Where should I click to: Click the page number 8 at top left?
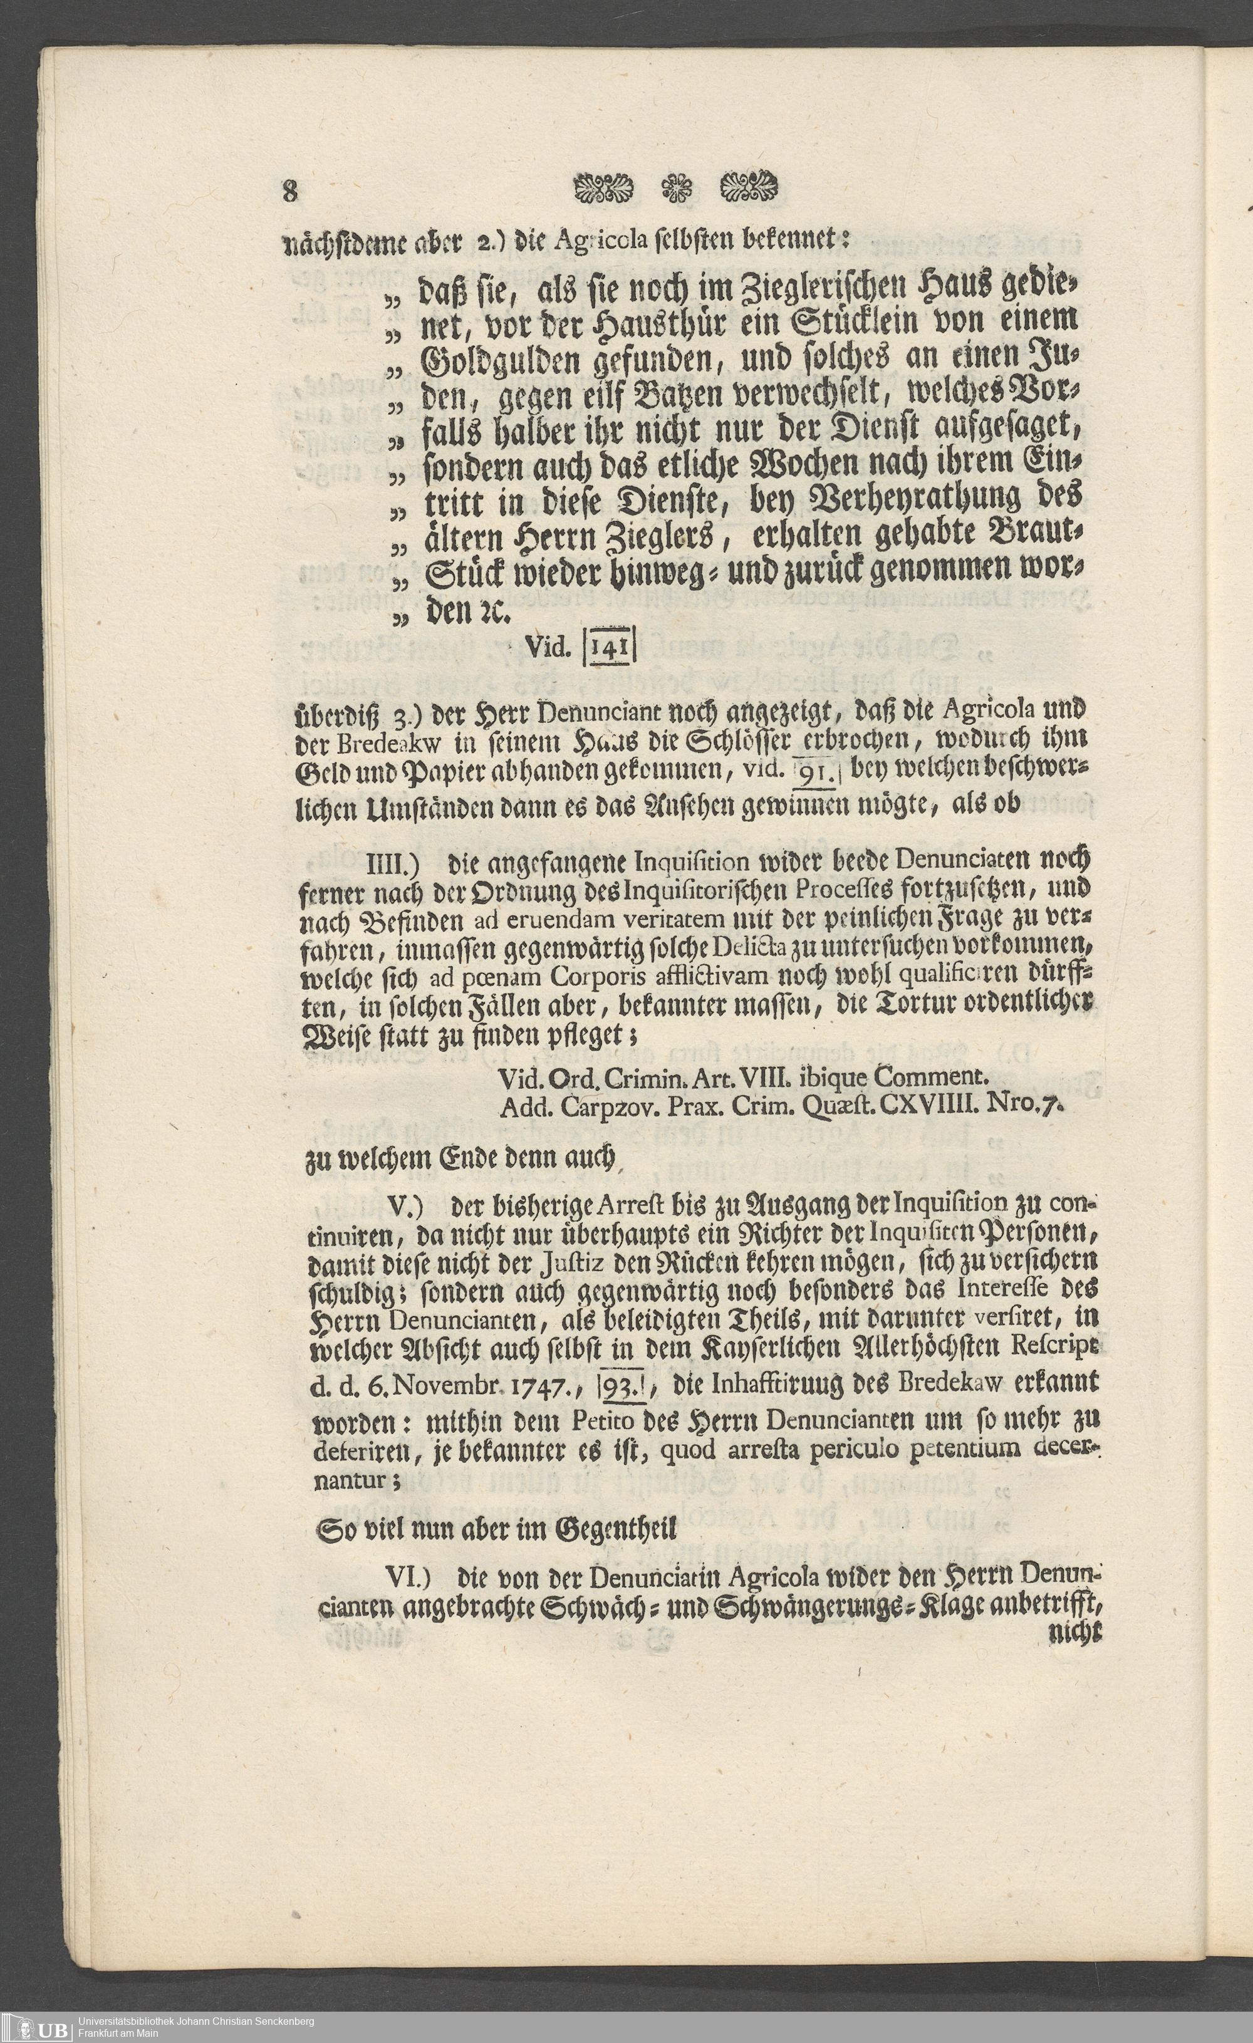(x=289, y=192)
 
